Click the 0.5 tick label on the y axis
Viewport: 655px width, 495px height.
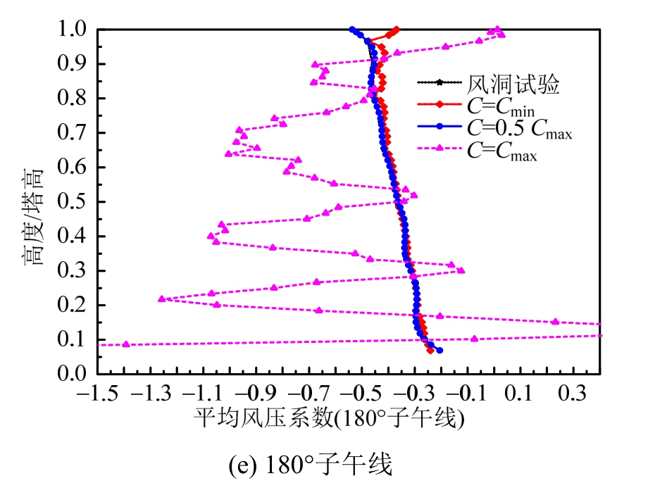point(75,203)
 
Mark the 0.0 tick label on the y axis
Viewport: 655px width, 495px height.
point(75,375)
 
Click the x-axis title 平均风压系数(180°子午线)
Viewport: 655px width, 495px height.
point(330,420)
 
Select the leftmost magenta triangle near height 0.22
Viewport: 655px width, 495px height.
point(162,299)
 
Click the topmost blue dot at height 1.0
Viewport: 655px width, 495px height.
point(352,30)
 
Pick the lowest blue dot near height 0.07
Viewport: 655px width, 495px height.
point(439,350)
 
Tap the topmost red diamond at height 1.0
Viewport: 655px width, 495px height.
point(397,30)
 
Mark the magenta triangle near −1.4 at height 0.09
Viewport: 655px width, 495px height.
point(126,344)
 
